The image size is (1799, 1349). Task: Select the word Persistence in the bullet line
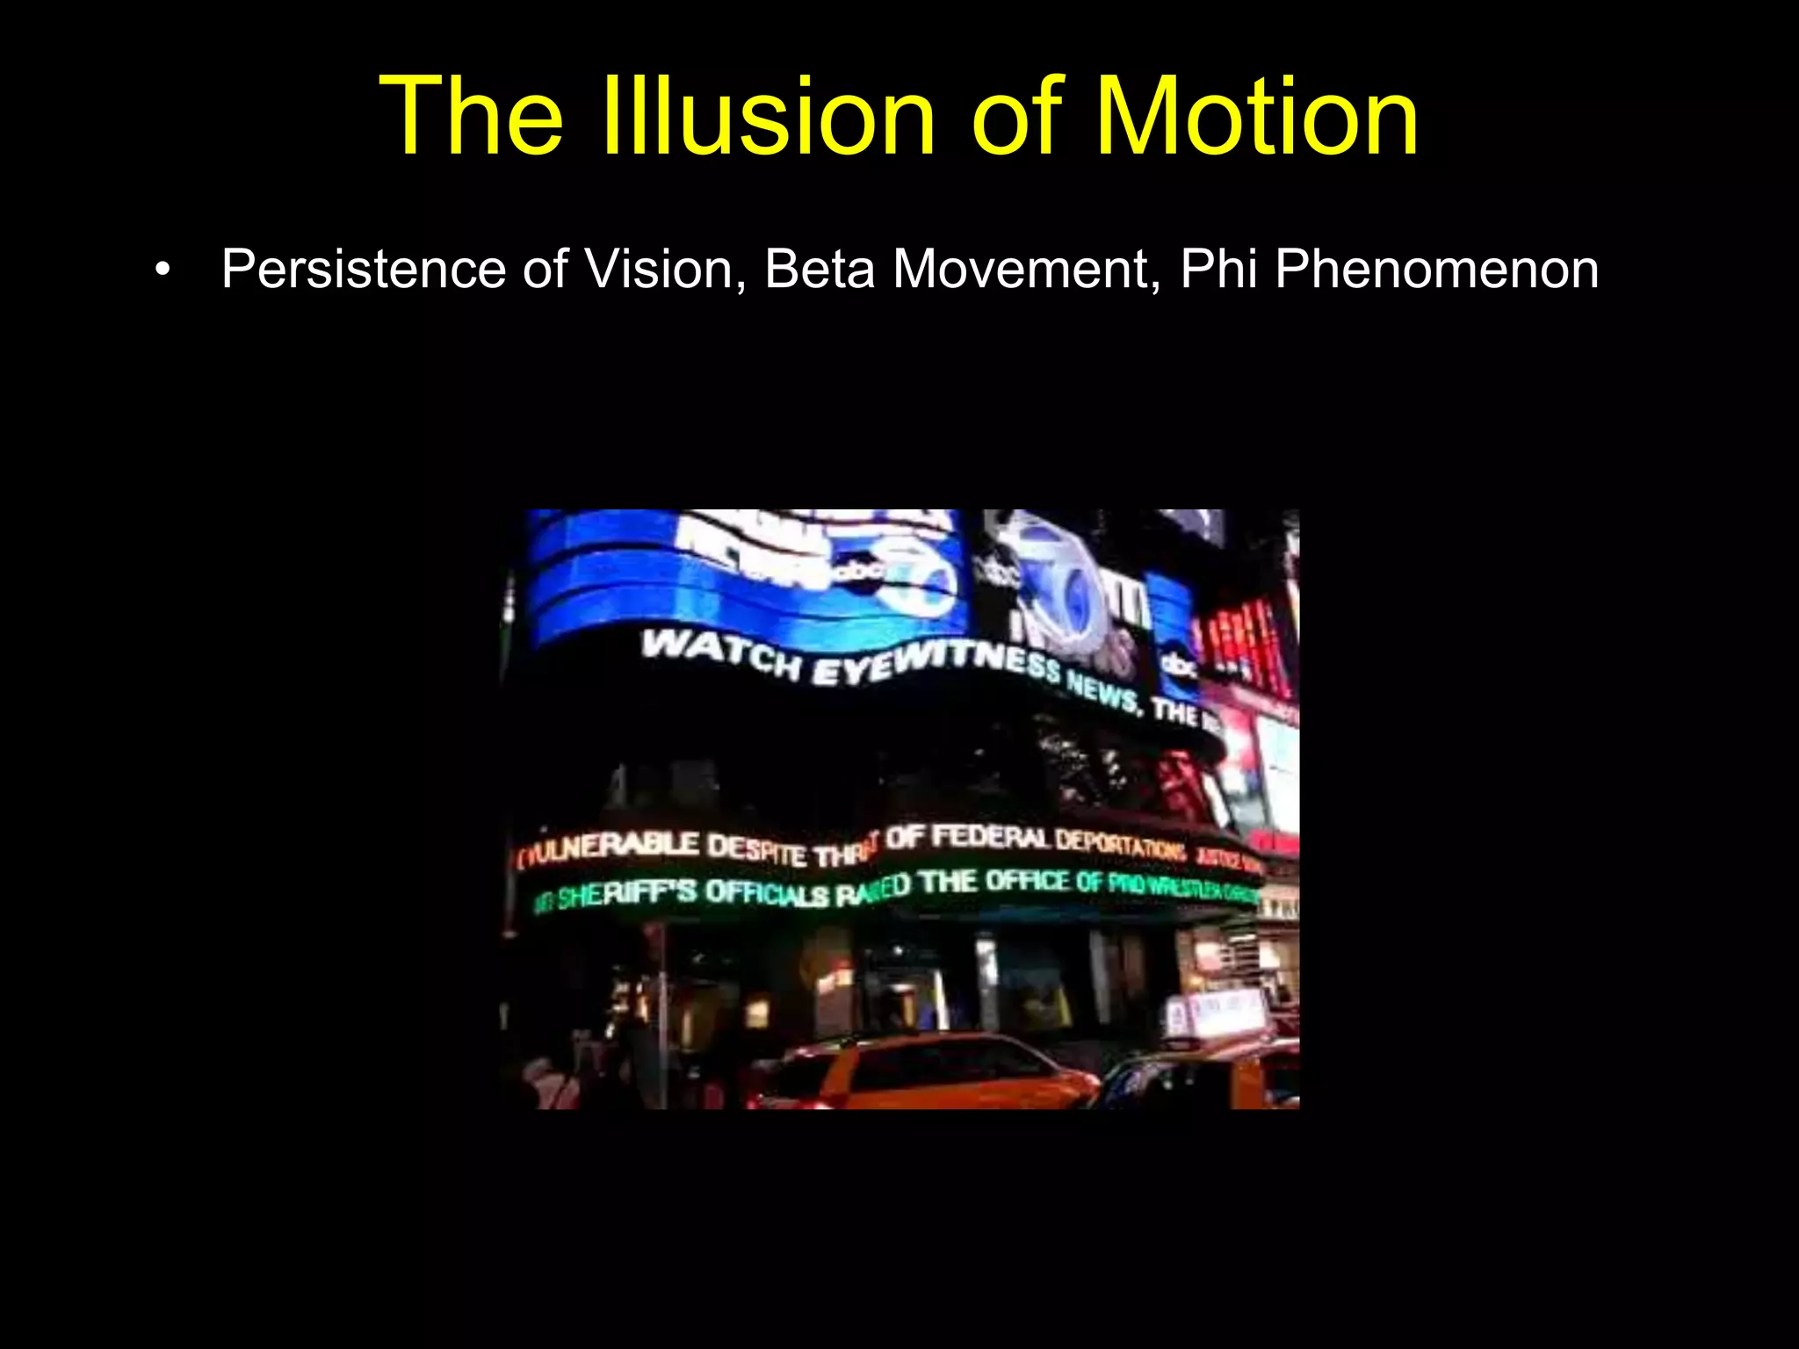(363, 269)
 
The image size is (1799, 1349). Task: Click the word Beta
(820, 269)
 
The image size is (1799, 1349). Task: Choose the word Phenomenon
(1437, 269)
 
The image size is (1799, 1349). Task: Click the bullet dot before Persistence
(161, 270)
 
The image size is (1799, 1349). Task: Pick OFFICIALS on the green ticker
(767, 894)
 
